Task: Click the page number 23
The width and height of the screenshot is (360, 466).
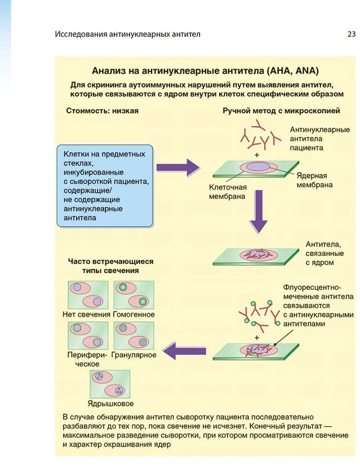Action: click(351, 34)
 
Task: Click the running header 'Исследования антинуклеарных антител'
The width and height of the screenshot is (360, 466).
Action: click(128, 34)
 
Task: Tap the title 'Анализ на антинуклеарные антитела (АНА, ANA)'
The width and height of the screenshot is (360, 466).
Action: click(205, 71)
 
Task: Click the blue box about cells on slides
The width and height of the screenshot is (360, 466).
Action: click(104, 186)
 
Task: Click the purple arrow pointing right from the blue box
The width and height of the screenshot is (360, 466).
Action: click(178, 167)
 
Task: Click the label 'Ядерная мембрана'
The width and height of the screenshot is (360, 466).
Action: click(315, 179)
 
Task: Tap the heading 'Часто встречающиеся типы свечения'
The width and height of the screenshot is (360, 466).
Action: click(110, 265)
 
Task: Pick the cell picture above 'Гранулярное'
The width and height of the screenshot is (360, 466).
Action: click(133, 335)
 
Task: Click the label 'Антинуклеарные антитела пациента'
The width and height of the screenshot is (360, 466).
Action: click(319, 139)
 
